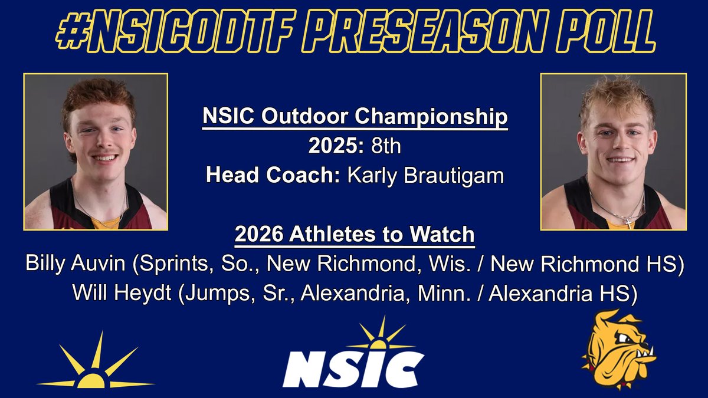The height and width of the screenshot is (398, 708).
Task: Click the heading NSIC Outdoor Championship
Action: tap(355, 117)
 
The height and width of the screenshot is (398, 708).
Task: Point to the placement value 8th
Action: tap(386, 146)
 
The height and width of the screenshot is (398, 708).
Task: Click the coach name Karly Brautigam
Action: tap(422, 176)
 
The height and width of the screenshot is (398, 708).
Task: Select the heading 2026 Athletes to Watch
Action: tap(355, 235)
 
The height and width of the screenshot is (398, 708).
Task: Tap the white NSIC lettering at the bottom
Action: tap(353, 369)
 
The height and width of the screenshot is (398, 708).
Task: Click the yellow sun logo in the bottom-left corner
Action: tap(95, 363)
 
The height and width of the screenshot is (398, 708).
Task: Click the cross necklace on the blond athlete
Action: tap(628, 222)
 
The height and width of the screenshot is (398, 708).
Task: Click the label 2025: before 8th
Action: tap(337, 146)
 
